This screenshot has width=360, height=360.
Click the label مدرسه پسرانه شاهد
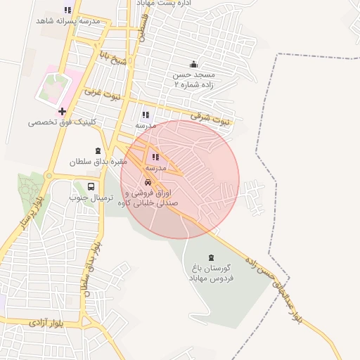(67, 21)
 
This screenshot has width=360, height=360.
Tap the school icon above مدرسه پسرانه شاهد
(67, 10)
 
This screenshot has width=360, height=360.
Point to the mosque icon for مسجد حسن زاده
(194, 64)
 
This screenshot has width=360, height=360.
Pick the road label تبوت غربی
(103, 91)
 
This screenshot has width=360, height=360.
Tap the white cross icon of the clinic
(63, 111)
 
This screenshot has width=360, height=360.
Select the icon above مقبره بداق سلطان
(97, 150)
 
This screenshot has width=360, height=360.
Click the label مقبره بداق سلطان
(96, 162)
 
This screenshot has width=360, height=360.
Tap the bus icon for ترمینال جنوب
(91, 186)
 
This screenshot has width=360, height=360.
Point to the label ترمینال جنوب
(87, 198)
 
